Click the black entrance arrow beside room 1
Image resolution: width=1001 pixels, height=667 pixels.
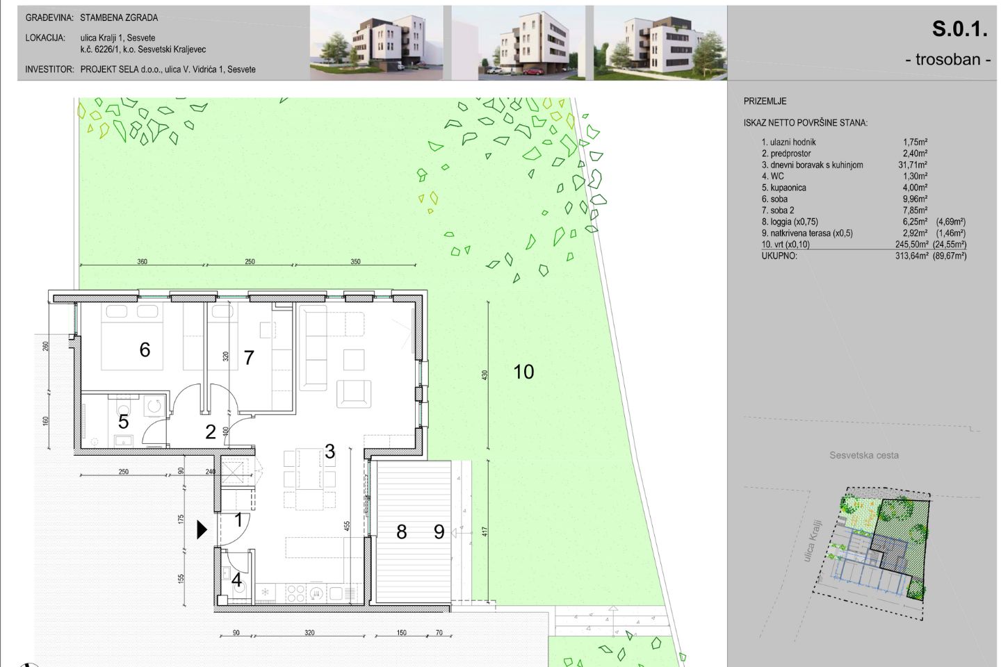(202, 530)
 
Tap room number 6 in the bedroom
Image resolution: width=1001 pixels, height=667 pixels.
(145, 349)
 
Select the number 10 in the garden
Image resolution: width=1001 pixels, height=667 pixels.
(523, 372)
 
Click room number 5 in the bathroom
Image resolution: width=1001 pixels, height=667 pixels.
(123, 422)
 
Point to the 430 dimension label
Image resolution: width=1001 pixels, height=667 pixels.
(485, 374)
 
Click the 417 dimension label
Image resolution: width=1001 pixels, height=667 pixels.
(485, 532)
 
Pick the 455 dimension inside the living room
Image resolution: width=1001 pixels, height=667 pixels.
(348, 526)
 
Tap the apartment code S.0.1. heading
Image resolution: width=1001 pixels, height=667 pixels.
(959, 29)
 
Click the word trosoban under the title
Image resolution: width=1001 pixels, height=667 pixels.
(948, 60)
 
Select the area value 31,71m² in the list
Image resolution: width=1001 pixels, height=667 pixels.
(913, 165)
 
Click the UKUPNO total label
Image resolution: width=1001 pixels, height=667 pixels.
(779, 256)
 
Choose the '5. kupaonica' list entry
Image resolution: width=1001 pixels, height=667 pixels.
(784, 188)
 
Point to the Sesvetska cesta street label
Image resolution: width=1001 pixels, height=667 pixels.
(864, 455)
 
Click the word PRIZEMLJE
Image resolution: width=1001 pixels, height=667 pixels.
(765, 101)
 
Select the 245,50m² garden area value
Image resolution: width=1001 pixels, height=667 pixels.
(911, 245)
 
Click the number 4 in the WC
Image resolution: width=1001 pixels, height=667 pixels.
(236, 580)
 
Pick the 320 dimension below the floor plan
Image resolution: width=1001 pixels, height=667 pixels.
(309, 632)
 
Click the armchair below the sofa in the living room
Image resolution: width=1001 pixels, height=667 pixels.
(353, 393)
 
